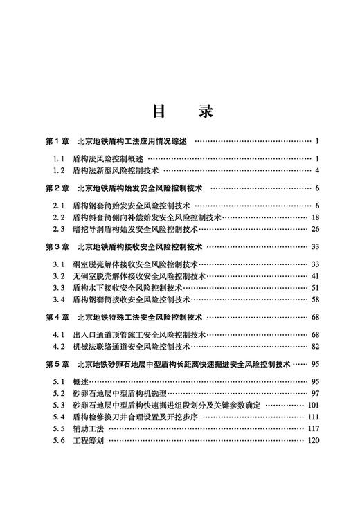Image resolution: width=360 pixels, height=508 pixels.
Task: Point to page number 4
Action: tap(316, 170)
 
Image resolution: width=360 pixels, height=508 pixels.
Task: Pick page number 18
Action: tap(314, 217)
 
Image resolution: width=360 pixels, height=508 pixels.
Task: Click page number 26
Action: tap(314, 229)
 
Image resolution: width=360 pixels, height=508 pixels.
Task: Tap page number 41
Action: tap(314, 275)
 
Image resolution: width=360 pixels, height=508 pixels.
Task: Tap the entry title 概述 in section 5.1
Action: tap(80, 381)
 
